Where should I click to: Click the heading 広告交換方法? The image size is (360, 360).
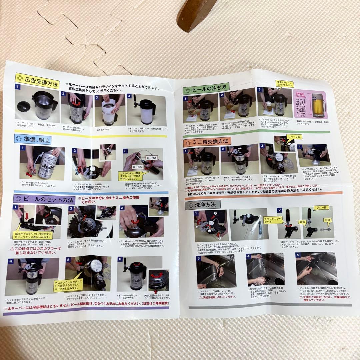(37, 81)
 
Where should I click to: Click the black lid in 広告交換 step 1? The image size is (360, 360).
(23, 106)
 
